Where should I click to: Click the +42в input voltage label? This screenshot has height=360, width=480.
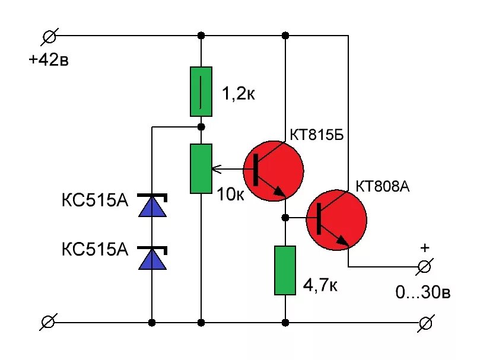(49, 60)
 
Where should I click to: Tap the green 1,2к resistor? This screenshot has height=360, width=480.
(201, 91)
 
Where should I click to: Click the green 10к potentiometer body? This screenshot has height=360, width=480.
(201, 168)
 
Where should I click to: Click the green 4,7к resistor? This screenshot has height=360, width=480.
(285, 270)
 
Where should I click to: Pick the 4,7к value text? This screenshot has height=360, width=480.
(320, 286)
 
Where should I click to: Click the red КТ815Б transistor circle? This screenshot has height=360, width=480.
(274, 169)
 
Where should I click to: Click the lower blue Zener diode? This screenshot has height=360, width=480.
(152, 257)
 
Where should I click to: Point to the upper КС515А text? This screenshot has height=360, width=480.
(95, 200)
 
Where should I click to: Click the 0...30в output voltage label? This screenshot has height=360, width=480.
(424, 292)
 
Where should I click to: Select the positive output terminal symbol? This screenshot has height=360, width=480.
(424, 266)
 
